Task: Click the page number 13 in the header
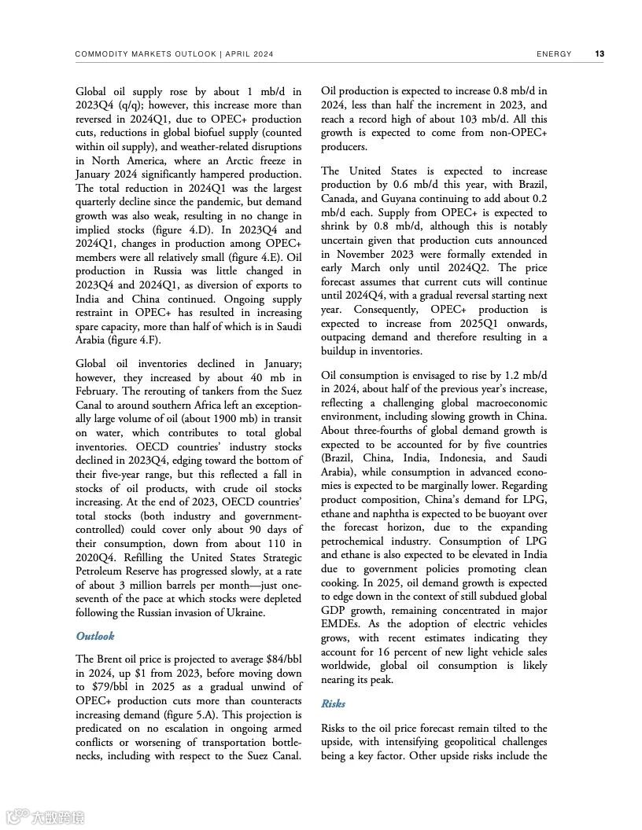[x=600, y=54]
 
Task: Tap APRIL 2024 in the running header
[x=250, y=54]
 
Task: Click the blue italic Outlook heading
[x=95, y=636]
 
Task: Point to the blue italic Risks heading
[x=333, y=703]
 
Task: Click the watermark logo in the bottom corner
[x=44, y=817]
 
